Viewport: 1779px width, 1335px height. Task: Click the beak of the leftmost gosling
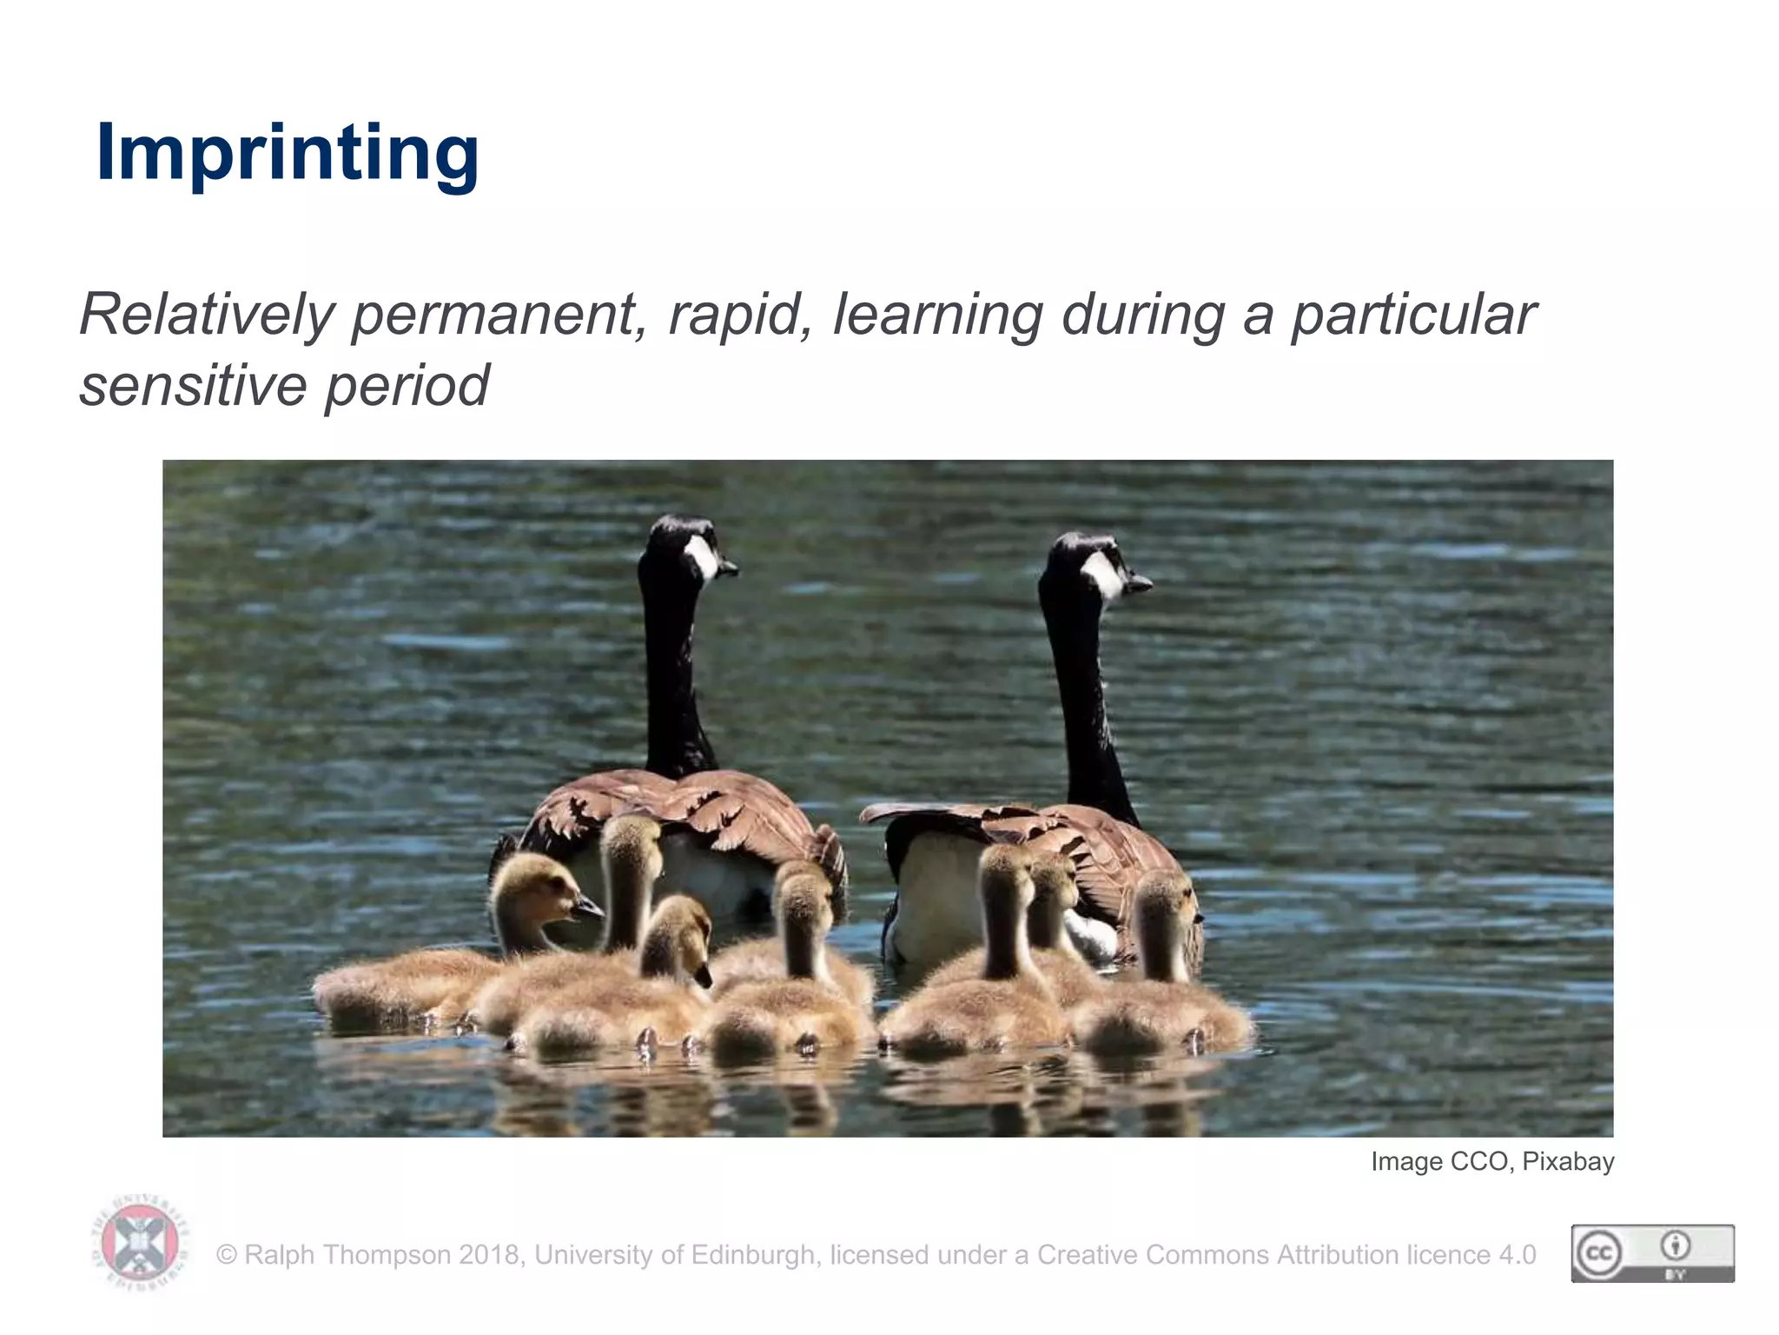tap(588, 909)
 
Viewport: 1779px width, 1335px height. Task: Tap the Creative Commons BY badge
tap(1652, 1253)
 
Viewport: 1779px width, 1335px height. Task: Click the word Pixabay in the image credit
tap(1568, 1162)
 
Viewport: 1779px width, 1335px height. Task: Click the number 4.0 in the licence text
tap(1518, 1255)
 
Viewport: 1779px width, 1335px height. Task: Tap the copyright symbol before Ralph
tap(227, 1255)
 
